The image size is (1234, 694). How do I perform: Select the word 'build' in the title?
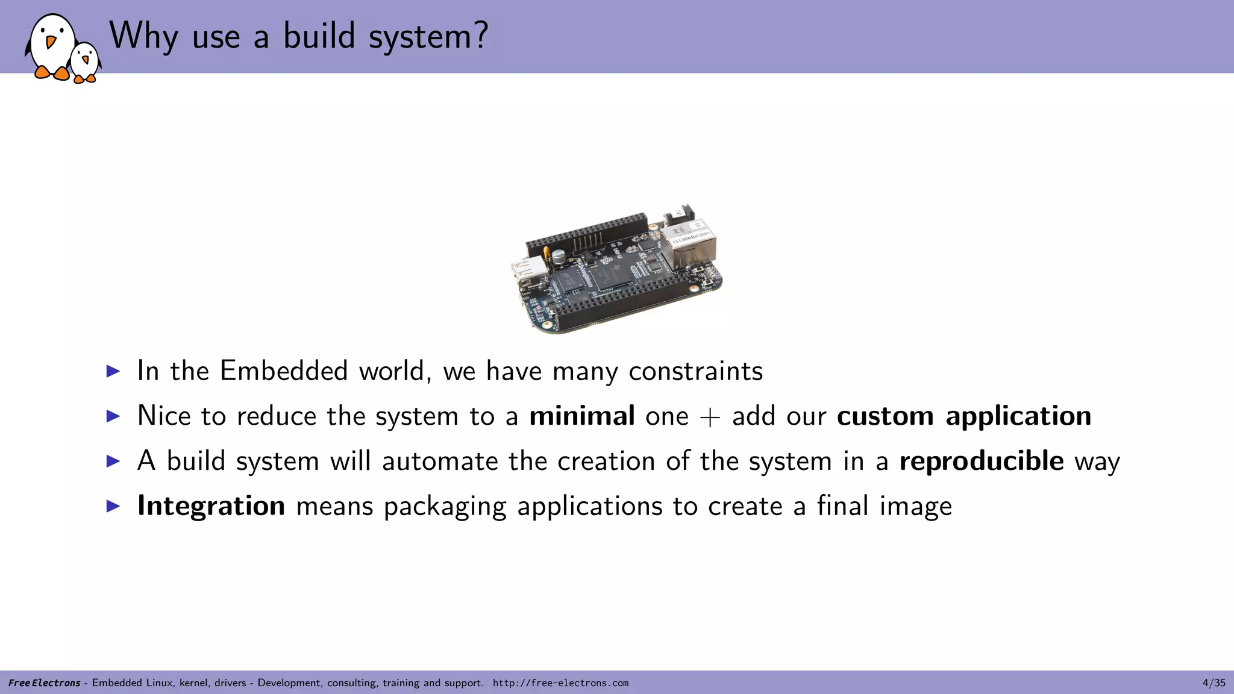click(319, 36)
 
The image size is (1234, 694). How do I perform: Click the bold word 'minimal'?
click(581, 416)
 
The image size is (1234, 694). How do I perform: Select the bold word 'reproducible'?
click(981, 461)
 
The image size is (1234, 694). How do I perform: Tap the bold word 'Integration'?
click(211, 505)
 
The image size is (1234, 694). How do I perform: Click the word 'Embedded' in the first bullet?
click(284, 370)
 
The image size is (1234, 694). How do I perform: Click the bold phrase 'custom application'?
click(963, 416)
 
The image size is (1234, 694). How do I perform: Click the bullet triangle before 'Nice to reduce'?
click(113, 416)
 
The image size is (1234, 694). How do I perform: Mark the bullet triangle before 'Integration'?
click(113, 505)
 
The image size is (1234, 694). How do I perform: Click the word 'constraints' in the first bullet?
click(695, 371)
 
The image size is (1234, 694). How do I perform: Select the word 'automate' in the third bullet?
click(440, 461)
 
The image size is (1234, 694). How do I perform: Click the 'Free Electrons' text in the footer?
click(44, 683)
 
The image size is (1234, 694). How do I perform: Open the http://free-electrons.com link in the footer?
click(560, 683)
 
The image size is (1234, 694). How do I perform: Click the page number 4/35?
click(1214, 683)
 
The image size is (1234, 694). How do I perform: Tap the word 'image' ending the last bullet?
click(915, 506)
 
